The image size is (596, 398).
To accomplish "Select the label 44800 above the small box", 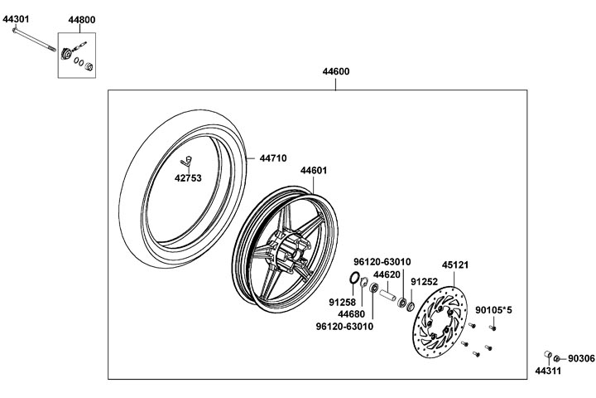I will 82,19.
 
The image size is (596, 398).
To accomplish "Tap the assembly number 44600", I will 335,71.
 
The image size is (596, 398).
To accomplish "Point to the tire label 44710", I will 273,157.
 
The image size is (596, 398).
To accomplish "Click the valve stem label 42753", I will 187,176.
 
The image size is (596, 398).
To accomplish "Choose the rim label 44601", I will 314,170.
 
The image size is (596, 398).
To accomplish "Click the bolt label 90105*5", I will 493,310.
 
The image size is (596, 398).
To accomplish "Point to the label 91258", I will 342,303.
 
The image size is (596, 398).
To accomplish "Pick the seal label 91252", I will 425,281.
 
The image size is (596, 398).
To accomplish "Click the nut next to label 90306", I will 556,357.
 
